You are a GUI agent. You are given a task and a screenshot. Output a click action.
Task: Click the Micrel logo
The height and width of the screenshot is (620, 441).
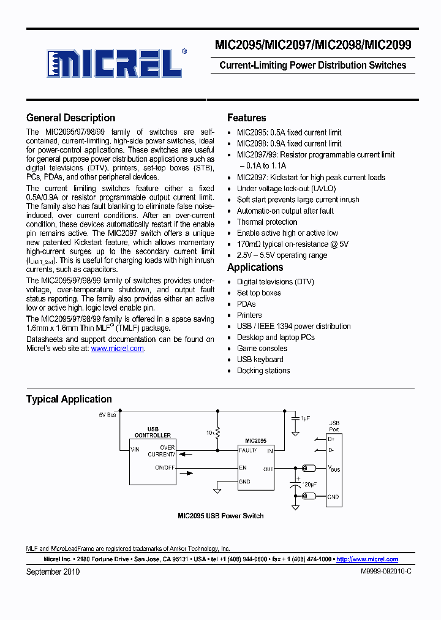click(x=115, y=62)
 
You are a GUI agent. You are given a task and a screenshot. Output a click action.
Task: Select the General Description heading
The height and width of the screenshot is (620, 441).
click(x=70, y=118)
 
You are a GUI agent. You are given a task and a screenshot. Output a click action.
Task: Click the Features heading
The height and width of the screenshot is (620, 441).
click(x=246, y=118)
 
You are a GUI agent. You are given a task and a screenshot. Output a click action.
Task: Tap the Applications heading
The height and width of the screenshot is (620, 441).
click(x=255, y=268)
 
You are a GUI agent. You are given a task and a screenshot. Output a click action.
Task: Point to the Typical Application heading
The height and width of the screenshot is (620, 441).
click(x=69, y=399)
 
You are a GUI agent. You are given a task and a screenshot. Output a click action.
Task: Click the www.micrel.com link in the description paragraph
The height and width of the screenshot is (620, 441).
click(x=118, y=349)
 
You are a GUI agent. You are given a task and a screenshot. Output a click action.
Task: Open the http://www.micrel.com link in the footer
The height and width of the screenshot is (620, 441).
click(x=367, y=559)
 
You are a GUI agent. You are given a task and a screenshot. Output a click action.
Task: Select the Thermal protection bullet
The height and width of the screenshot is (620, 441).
click(x=267, y=222)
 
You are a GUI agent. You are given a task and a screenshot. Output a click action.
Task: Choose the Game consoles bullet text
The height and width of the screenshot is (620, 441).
click(x=262, y=349)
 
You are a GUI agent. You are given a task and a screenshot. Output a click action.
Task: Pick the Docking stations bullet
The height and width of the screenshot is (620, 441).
click(x=263, y=371)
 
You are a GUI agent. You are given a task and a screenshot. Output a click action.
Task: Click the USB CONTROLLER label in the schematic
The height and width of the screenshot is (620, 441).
click(x=153, y=432)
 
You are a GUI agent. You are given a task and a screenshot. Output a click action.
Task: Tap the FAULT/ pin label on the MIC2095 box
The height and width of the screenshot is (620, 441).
click(x=248, y=450)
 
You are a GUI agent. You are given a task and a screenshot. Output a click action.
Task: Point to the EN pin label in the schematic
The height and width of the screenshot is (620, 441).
click(x=243, y=468)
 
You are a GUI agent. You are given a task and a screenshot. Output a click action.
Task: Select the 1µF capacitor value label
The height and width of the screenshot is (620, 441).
click(x=305, y=418)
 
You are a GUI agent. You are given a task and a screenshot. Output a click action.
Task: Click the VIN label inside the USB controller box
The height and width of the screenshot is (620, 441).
click(x=135, y=449)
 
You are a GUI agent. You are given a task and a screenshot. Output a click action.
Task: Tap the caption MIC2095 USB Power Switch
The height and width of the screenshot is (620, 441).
click(x=221, y=516)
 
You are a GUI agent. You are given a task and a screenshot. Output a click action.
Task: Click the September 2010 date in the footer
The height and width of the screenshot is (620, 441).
click(x=53, y=572)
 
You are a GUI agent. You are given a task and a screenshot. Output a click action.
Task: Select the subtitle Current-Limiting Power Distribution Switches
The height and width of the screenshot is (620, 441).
click(x=312, y=66)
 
